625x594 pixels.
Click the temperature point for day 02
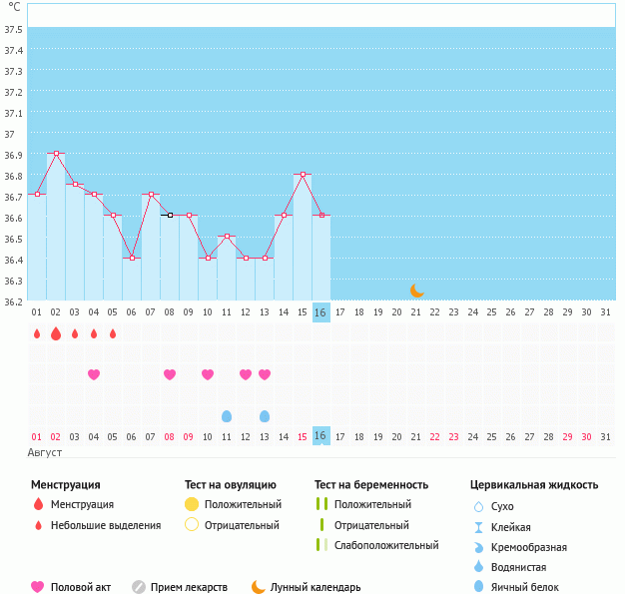[x=56, y=154]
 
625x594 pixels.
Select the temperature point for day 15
[x=303, y=175]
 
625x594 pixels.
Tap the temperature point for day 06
[x=132, y=258]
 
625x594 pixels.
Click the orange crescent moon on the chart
[x=417, y=291]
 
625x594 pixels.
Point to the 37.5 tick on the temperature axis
[x=13, y=29]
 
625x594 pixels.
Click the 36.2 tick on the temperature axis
[x=13, y=301]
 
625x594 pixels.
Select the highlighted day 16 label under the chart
[x=320, y=312]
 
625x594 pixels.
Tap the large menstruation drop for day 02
[x=56, y=333]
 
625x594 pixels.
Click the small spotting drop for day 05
[x=113, y=333]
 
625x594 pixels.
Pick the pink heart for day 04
[x=94, y=374]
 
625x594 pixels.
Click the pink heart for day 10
[x=208, y=374]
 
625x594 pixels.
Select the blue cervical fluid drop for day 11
[x=227, y=416]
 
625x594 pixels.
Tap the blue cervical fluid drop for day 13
[x=265, y=416]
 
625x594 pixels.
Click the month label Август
[x=45, y=453]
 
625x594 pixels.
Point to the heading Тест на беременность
[x=370, y=485]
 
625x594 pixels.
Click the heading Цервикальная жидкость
[x=534, y=485]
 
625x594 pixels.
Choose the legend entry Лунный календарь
[x=306, y=587]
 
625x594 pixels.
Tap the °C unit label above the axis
[x=13, y=7]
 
